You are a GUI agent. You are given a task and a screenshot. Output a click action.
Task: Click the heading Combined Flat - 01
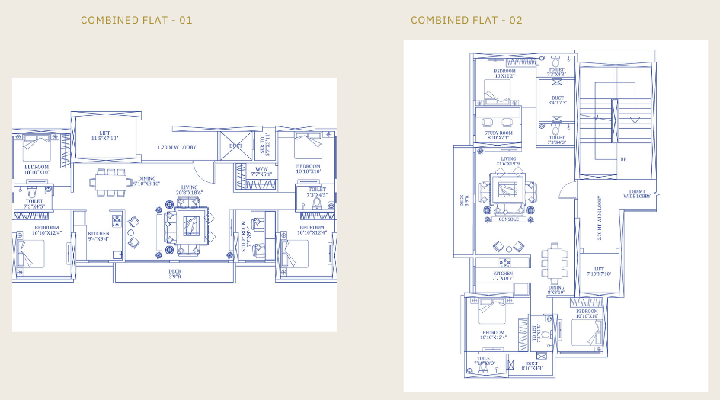point(136,20)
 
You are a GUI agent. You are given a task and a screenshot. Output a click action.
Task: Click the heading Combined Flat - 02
point(466,20)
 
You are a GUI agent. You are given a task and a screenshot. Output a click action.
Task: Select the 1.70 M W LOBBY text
point(176,146)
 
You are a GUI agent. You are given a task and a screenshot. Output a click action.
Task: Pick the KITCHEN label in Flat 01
point(98,235)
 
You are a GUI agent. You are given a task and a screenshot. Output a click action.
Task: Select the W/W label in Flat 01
point(261,171)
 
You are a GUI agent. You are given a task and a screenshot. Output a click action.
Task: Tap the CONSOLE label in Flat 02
point(508,219)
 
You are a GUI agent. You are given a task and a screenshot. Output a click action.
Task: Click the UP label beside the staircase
point(623,159)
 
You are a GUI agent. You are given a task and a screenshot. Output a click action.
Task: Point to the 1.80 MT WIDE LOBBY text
point(637,194)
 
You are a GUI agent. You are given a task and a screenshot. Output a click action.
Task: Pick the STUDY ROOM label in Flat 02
point(497,136)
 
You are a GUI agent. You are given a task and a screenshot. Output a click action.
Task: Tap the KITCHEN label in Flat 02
point(503,276)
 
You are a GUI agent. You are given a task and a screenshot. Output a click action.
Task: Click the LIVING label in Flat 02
point(508,161)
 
